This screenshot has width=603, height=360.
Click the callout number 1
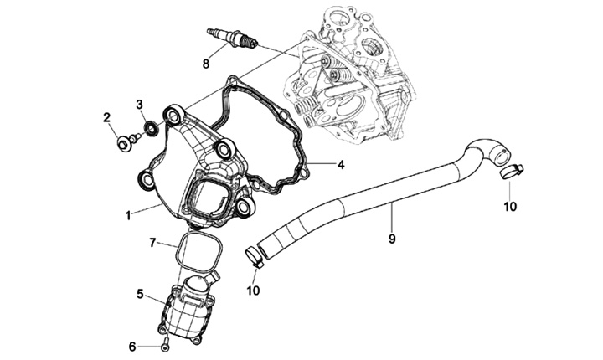(127, 215)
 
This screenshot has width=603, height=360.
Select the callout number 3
(141, 104)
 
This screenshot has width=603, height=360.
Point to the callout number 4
(341, 164)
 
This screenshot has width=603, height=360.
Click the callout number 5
(140, 294)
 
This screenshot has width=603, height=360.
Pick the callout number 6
(131, 346)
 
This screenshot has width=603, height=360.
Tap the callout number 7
(152, 243)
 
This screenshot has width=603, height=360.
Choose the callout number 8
(206, 63)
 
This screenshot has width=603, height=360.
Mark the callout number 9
(391, 239)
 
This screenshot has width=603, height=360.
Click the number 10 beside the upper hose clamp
(510, 205)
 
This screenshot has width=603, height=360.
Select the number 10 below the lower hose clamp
(253, 290)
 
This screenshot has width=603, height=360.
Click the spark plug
(234, 39)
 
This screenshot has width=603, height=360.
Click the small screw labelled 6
(165, 345)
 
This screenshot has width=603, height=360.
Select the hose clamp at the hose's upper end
(513, 172)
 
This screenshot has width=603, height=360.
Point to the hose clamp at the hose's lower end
(254, 257)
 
